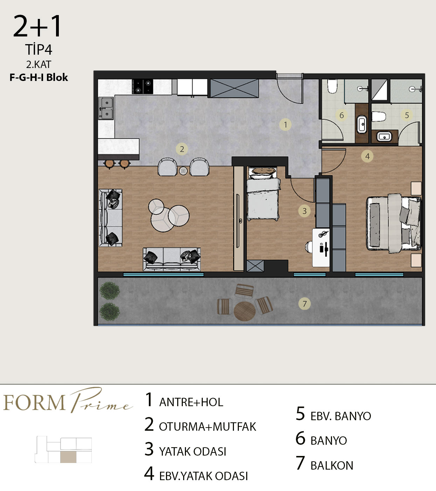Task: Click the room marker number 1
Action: (x=285, y=124)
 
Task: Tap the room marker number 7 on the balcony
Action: (x=304, y=304)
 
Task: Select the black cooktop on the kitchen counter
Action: (x=143, y=87)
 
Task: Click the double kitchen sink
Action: (x=106, y=108)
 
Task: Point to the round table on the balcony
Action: (x=244, y=311)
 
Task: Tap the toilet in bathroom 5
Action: (x=378, y=117)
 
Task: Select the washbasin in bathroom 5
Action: (x=384, y=137)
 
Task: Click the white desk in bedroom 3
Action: (x=321, y=247)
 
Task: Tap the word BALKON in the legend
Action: (x=332, y=465)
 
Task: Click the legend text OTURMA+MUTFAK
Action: (x=207, y=427)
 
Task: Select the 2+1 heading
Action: (x=37, y=26)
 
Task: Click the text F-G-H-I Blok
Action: (x=39, y=77)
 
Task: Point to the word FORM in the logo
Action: (x=34, y=403)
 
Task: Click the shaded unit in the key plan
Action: (x=68, y=457)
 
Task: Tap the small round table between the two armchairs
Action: (x=183, y=171)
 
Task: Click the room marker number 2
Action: (x=182, y=149)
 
